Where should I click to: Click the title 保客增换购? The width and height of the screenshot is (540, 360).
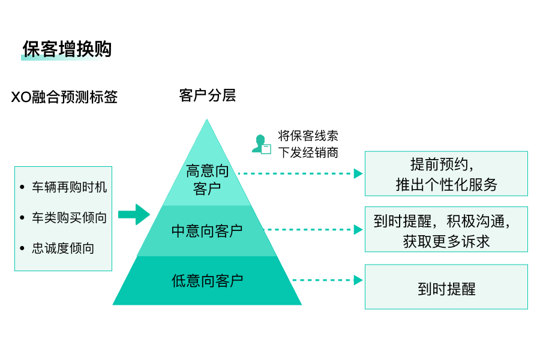[67, 49]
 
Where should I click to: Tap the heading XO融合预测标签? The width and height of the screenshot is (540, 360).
[64, 97]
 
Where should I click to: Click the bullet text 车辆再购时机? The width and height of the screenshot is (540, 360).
[69, 187]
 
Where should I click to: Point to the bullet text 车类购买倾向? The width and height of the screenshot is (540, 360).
[69, 218]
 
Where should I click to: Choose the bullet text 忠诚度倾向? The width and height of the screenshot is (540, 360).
[63, 248]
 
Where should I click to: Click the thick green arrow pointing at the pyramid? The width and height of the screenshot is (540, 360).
[133, 214]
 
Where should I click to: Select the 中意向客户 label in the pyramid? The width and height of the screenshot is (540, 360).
[207, 230]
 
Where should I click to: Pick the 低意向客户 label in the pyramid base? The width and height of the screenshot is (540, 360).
[207, 280]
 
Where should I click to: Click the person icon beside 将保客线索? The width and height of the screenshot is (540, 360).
[261, 144]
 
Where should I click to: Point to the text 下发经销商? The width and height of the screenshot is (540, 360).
[308, 152]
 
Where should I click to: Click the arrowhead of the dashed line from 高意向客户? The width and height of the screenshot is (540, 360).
[358, 174]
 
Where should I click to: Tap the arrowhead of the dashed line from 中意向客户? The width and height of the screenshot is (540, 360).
[358, 230]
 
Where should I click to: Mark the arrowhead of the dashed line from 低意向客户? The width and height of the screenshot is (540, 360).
[358, 280]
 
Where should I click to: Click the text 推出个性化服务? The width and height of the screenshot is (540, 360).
[446, 184]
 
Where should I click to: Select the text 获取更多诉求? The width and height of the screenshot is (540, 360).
[446, 241]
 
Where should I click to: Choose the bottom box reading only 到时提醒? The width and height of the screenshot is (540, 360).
[446, 288]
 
